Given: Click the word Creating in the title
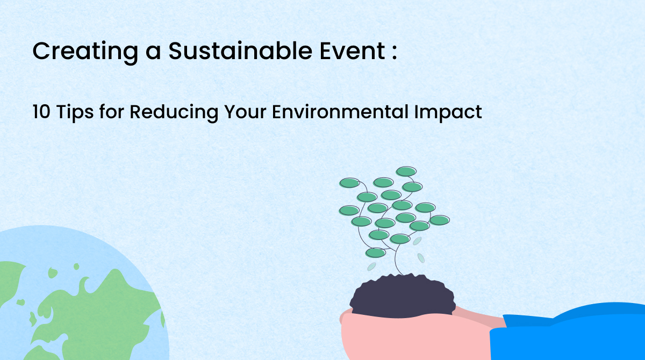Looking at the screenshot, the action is point(85,52).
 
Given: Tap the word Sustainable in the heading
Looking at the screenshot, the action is point(240,51).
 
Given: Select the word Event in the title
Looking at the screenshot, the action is point(353,51).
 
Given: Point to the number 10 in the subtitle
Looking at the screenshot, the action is point(41,112).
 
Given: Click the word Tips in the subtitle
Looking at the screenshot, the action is point(75,113).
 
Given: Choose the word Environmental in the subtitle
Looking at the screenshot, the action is point(340,112).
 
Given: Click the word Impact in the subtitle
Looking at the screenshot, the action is point(448,113).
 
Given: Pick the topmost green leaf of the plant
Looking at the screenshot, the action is point(406,171).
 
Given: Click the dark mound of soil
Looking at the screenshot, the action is point(403,297).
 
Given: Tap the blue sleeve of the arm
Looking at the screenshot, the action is point(570,334).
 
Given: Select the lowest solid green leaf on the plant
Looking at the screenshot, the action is point(376,253).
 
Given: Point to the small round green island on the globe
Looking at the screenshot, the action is point(76,267).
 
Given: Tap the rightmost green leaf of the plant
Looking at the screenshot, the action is point(440,220).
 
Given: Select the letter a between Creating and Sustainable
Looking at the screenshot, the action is point(153,53).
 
